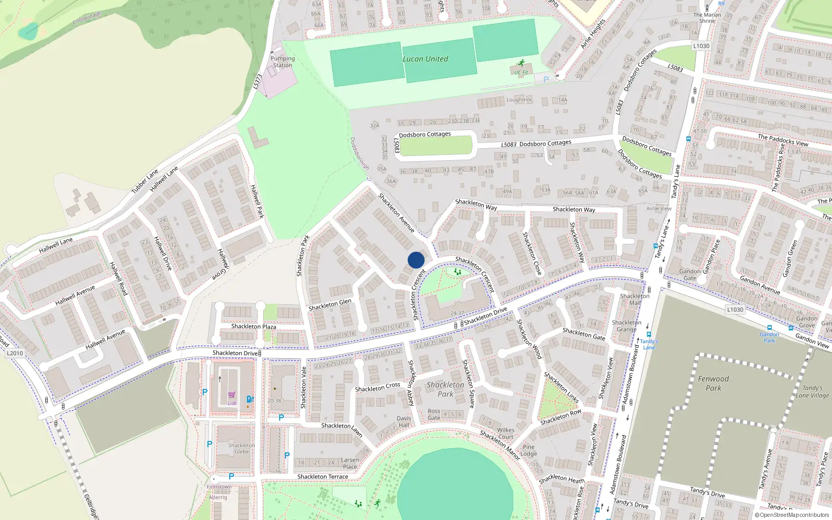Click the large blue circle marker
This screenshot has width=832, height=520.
[416, 260]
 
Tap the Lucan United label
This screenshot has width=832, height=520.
[425, 59]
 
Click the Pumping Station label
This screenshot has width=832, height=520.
[282, 62]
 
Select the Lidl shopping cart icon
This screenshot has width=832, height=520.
[231, 395]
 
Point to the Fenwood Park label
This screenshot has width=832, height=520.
[713, 383]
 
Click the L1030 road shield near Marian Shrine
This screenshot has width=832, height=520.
[701, 46]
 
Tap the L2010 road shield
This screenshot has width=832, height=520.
[15, 353]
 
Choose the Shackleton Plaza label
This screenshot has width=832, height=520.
[254, 327]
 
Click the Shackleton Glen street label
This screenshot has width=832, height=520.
[330, 305]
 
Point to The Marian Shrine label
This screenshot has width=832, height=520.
[707, 18]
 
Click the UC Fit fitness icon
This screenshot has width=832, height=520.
[522, 63]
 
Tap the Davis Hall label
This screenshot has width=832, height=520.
[404, 422]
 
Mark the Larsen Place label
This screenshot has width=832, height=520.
[350, 463]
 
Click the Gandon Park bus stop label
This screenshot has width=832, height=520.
[770, 337]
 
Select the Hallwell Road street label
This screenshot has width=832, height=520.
[119, 279]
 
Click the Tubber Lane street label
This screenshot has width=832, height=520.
[145, 181]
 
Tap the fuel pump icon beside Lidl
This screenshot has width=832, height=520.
[250, 399]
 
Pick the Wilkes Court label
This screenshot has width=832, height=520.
[505, 433]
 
